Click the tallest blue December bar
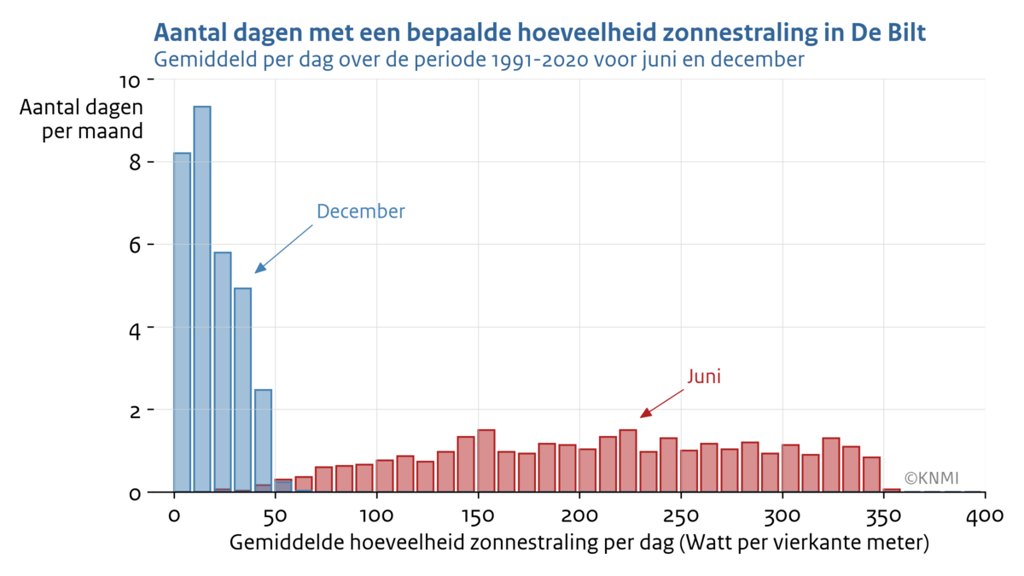(x=202, y=299)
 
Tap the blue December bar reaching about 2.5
(x=263, y=440)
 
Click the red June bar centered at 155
(x=486, y=461)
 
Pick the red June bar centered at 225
(x=628, y=461)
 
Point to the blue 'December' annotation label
(x=360, y=212)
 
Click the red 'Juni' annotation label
(x=704, y=376)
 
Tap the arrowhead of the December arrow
(x=259, y=269)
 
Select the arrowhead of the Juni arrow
(x=645, y=414)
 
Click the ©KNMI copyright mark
(x=932, y=478)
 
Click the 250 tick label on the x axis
(x=681, y=516)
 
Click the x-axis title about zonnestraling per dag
(x=579, y=544)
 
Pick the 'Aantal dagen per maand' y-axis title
(x=81, y=121)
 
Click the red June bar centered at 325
(x=831, y=465)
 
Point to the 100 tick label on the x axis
(x=376, y=516)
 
